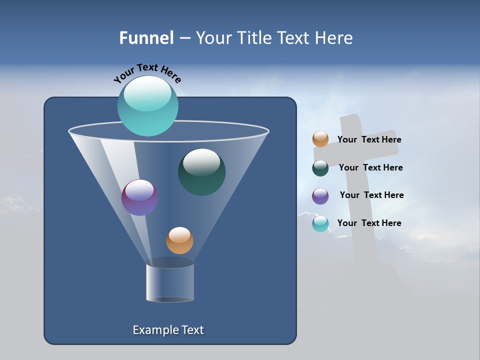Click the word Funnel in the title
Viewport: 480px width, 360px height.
pos(146,38)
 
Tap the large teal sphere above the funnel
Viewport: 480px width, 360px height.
pos(147,106)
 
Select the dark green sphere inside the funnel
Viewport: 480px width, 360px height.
pos(201,172)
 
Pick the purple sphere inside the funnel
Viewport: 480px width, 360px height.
pos(139,197)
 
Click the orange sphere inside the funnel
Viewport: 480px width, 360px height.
pos(179,240)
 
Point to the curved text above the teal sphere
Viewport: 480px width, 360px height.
pos(147,72)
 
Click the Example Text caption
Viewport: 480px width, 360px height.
pos(168,330)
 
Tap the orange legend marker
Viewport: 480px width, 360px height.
pos(320,139)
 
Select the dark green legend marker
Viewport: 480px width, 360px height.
pos(320,168)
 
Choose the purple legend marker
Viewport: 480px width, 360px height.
pos(320,196)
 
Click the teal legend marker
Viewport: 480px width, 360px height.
pos(320,223)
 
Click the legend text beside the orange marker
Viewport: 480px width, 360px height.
pos(369,140)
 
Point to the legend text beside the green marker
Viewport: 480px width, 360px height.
pos(370,168)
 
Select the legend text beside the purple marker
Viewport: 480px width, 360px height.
pos(371,195)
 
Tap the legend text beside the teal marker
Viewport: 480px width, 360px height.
pos(369,223)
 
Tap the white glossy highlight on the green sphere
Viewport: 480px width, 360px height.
pos(201,161)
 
